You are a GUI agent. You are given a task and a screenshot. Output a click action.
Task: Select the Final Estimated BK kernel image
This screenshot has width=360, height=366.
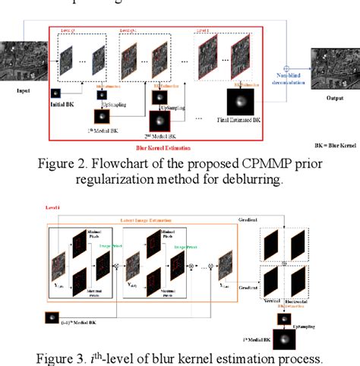(x=241, y=102)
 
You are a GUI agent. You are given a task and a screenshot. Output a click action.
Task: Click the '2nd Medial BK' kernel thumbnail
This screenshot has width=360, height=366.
(x=159, y=121)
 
